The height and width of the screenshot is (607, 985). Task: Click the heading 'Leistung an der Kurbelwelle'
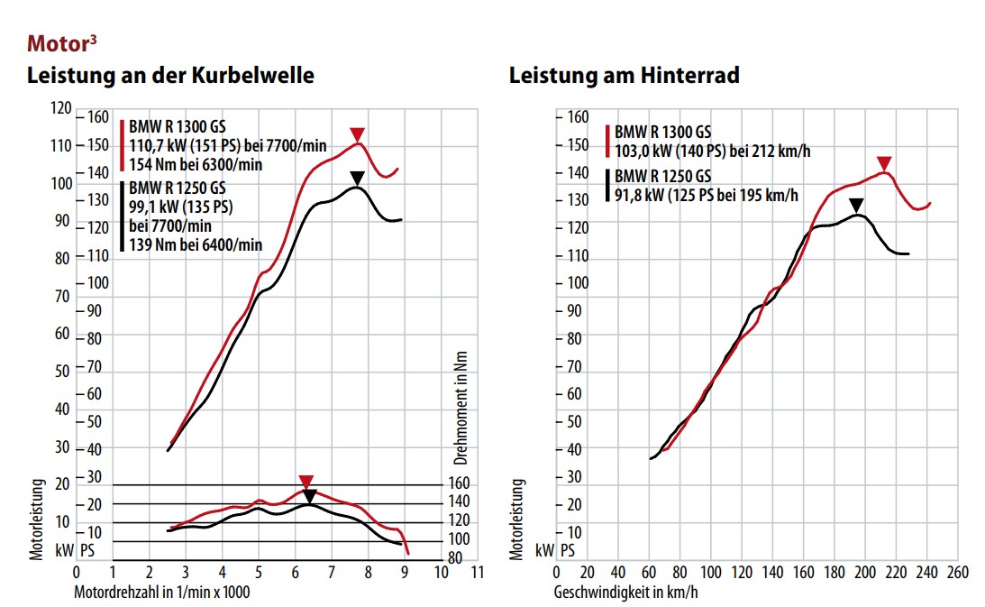(x=171, y=76)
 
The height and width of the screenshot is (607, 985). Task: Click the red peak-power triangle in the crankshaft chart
(x=358, y=135)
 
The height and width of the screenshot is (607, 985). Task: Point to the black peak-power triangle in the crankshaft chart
(x=358, y=178)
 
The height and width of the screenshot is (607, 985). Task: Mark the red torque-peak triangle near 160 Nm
(x=306, y=482)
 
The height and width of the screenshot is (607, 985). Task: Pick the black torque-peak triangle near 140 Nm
(x=310, y=496)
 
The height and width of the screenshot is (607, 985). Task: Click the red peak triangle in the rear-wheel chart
(x=884, y=162)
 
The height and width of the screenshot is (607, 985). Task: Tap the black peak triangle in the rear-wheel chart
(x=856, y=205)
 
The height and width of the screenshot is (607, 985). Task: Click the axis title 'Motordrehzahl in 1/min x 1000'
(x=162, y=593)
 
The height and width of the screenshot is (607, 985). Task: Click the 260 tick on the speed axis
(x=958, y=573)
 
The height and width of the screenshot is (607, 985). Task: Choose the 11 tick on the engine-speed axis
(x=478, y=573)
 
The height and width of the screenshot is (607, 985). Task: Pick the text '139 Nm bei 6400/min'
(x=196, y=244)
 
